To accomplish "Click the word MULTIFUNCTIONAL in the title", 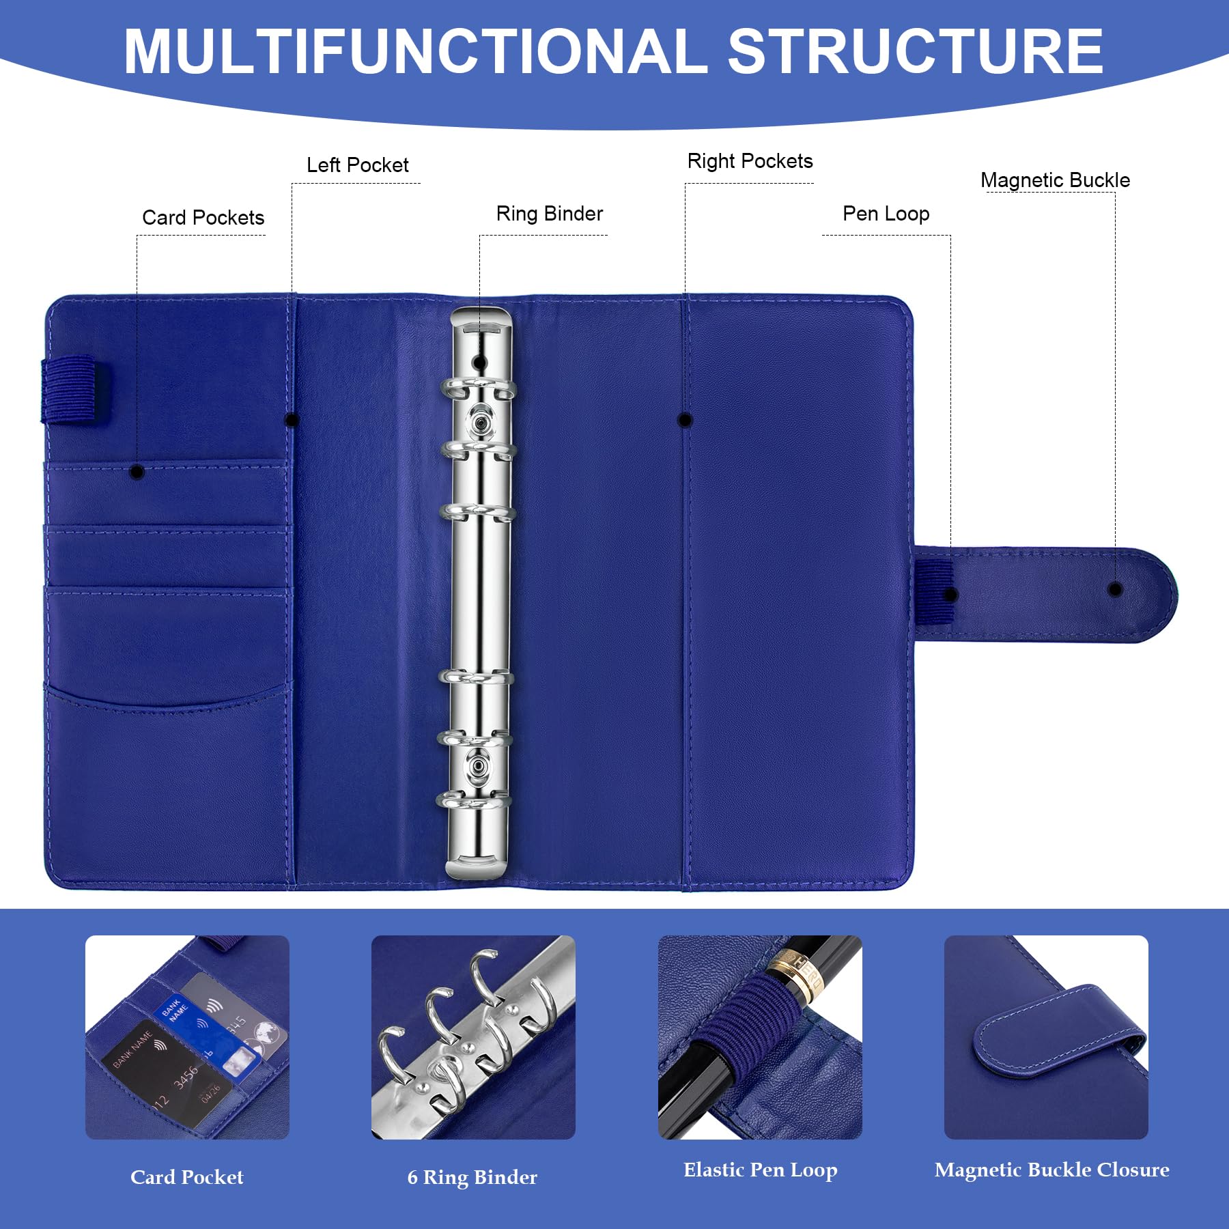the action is coord(416,51).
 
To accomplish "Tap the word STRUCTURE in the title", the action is coord(916,51).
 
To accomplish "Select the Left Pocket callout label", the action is coord(357,165).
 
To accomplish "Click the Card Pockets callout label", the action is coord(203,217).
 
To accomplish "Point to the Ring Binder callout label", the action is coord(550,214).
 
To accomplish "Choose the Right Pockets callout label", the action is coord(750,161).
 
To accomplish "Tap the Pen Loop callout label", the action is coord(886,214).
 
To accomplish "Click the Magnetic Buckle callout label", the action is coord(1055,180).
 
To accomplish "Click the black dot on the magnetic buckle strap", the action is coord(1115,589).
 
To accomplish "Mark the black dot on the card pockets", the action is coord(137,471).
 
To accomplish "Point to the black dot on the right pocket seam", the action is coord(685,420).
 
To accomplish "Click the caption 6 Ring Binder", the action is coord(472,1177).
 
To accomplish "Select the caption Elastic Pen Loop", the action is coord(760,1170).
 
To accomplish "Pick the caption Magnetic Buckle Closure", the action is coord(1051,1170).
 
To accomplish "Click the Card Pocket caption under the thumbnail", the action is coord(186,1177).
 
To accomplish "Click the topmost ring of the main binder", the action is coord(479,390).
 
